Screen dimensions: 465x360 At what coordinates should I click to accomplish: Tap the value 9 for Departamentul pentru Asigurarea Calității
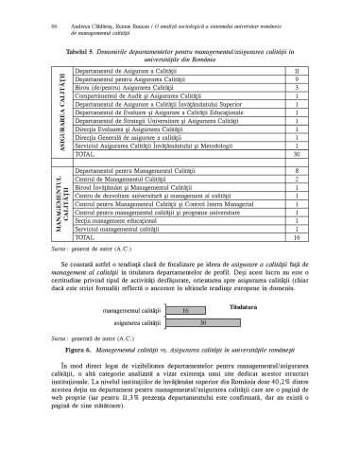point(298,80)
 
